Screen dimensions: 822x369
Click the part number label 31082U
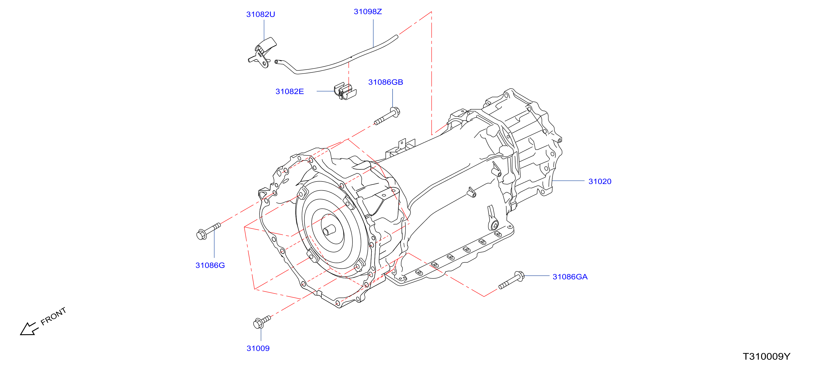(260, 14)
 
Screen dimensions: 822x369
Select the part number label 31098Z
(368, 11)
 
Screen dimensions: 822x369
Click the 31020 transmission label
(600, 182)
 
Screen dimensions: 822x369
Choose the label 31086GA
(570, 277)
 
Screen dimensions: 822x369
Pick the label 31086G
(210, 265)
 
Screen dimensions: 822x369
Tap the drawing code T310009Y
(767, 357)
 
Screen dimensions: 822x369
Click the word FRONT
(53, 316)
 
